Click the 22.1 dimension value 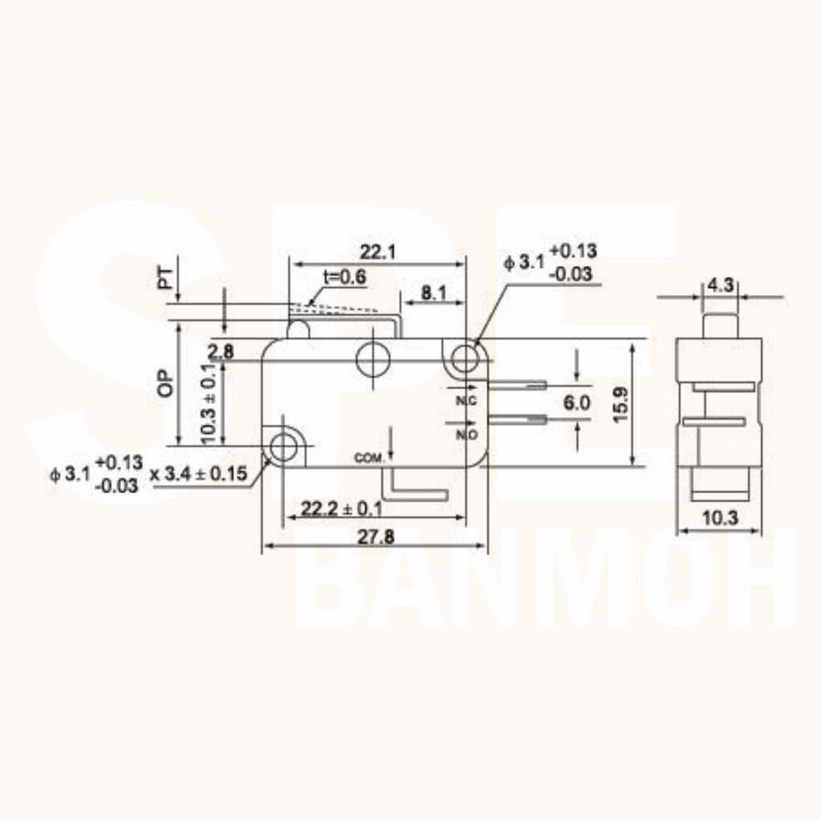[x=378, y=253]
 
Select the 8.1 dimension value [x=434, y=293]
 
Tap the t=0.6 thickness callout [x=345, y=277]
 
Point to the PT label [x=165, y=279]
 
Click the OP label [x=165, y=383]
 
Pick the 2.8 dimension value [x=220, y=352]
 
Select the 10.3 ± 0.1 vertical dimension [x=208, y=403]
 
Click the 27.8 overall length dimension [x=376, y=536]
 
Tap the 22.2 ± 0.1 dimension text [x=342, y=508]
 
